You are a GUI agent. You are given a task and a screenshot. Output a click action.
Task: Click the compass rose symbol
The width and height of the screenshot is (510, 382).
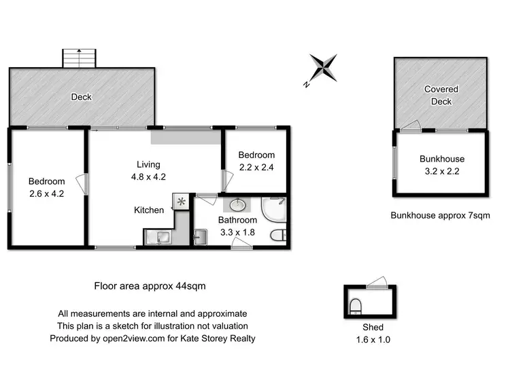[x=322, y=69]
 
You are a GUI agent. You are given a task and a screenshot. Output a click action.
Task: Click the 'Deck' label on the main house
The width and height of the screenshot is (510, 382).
[x=82, y=97]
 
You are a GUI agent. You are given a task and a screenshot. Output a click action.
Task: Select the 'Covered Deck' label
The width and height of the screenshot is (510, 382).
[x=441, y=95]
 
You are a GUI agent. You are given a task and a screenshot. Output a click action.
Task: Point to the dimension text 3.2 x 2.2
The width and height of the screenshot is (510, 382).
[x=441, y=171]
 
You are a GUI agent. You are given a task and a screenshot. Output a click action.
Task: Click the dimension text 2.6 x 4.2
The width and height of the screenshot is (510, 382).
[x=46, y=193]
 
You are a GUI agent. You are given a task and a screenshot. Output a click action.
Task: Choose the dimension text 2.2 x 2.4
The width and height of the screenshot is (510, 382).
[x=256, y=167]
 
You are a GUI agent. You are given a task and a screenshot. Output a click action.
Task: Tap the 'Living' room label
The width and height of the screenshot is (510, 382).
[x=148, y=164]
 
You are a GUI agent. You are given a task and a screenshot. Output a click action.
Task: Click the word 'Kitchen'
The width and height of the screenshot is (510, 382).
[x=148, y=210]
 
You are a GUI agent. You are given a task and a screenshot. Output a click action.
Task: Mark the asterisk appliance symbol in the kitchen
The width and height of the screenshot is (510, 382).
[x=182, y=202]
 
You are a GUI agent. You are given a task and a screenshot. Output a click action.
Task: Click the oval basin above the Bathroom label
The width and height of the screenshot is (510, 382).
[x=238, y=205]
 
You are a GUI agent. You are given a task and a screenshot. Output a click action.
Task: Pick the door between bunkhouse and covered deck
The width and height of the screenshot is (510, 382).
[x=411, y=126]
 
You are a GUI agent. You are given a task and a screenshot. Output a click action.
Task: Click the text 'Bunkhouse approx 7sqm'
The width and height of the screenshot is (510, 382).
[x=440, y=216]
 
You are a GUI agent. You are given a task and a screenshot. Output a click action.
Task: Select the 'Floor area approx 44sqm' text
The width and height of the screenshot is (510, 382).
[x=150, y=286]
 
